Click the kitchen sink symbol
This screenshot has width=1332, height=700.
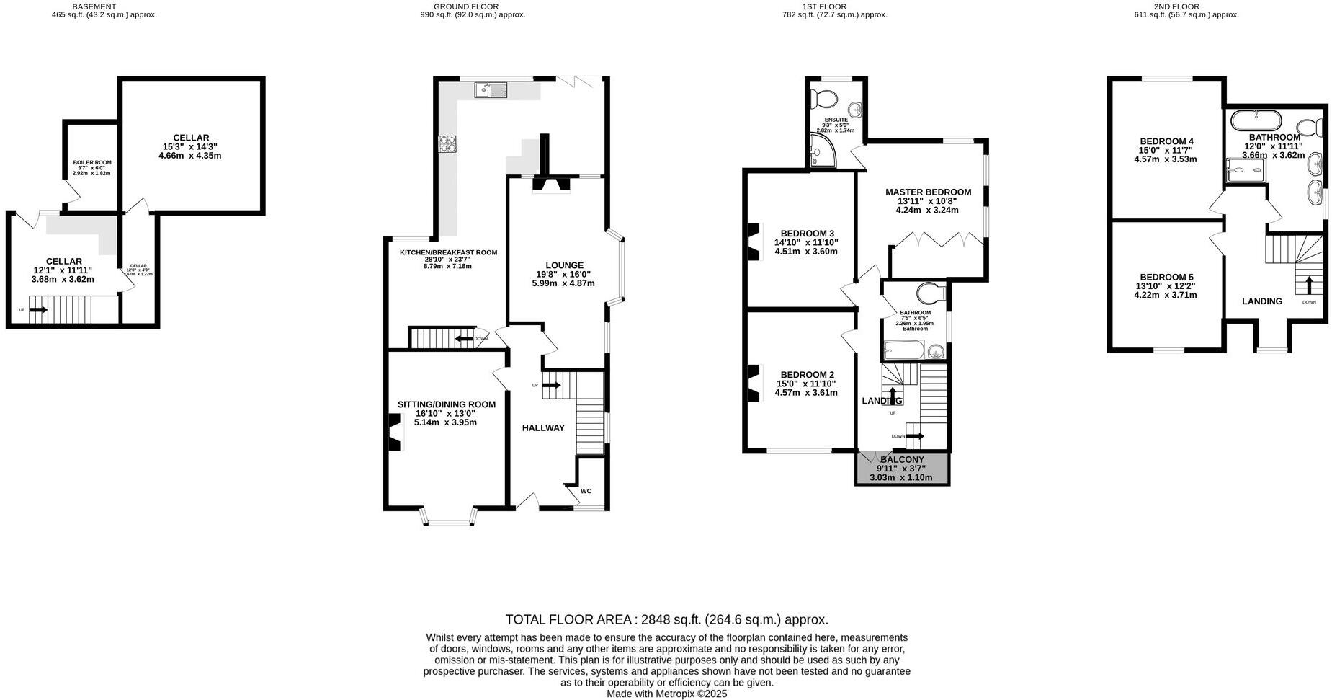(491, 90)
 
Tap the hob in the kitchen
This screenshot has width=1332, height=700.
(448, 144)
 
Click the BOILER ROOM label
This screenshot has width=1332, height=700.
(92, 163)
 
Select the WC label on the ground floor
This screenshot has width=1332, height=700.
(586, 491)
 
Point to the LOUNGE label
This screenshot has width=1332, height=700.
(564, 265)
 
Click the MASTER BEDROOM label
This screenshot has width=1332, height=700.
(928, 192)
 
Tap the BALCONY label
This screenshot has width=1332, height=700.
(901, 459)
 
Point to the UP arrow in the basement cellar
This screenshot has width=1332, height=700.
(39, 310)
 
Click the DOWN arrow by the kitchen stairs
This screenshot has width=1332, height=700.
(464, 339)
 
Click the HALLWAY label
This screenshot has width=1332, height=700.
(543, 428)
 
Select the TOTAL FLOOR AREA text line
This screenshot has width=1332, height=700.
(666, 619)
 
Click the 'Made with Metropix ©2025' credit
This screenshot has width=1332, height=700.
(666, 694)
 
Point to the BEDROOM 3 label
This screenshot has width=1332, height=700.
(807, 234)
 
